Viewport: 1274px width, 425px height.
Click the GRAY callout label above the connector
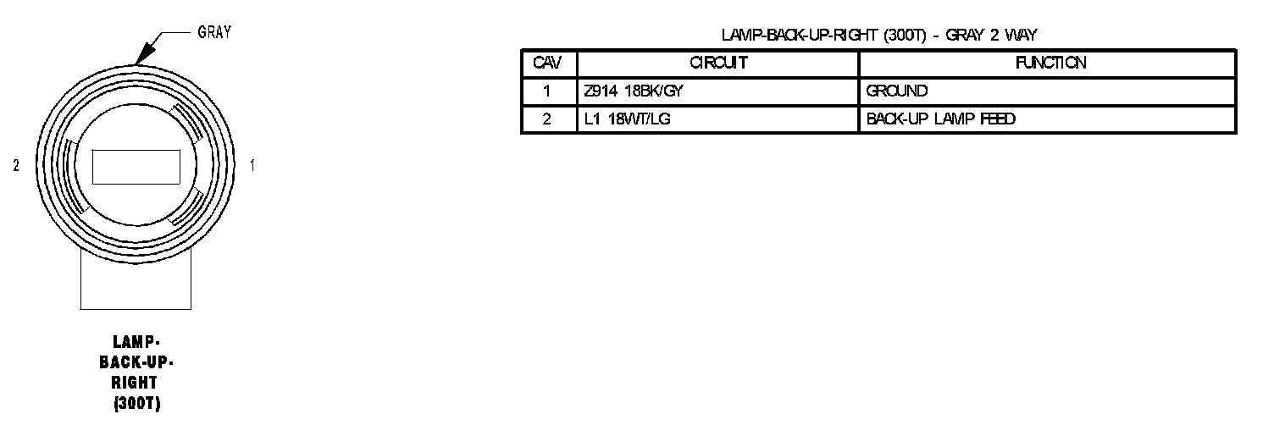coord(214,33)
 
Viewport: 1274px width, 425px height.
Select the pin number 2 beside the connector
coord(16,167)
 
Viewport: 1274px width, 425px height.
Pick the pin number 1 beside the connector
coord(252,167)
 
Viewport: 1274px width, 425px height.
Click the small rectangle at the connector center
coord(136,167)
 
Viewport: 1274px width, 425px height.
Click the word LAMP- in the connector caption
coord(136,343)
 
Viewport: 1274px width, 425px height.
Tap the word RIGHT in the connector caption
coord(136,384)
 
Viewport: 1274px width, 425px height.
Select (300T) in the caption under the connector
coord(136,404)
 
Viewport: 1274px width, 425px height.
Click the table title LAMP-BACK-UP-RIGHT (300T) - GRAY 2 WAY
coord(879,35)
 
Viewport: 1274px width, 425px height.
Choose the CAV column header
coord(548,63)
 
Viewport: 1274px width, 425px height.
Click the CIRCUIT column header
coord(718,63)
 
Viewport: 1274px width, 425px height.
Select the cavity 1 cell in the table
coord(548,91)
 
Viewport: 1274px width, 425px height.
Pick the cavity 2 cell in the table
coord(548,119)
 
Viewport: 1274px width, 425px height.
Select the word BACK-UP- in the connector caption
coord(136,363)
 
